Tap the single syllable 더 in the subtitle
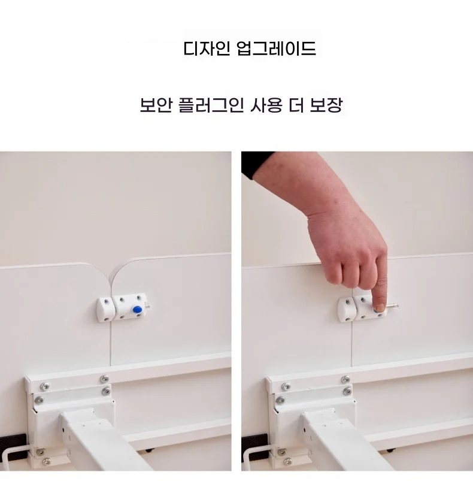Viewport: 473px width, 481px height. coord(298,106)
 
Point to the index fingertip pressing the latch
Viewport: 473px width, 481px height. coord(378,306)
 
